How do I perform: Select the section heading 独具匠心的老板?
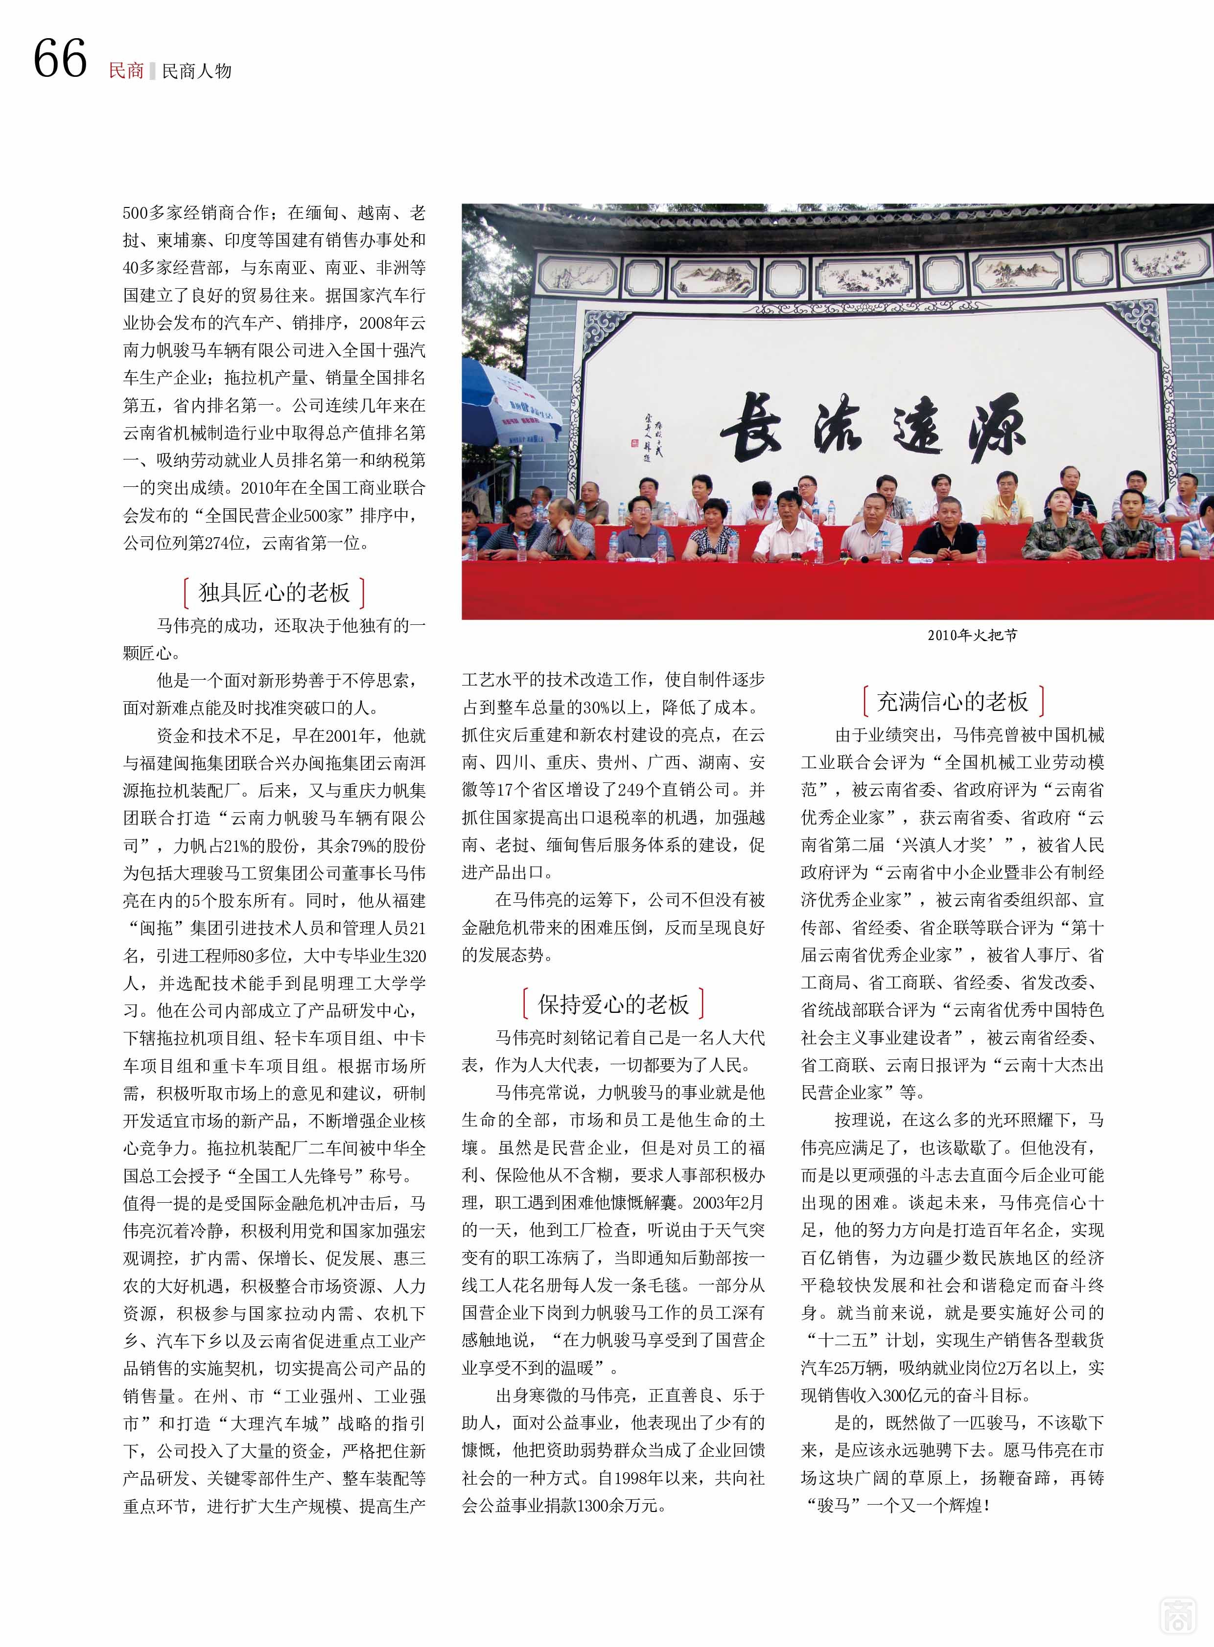pyautogui.click(x=274, y=592)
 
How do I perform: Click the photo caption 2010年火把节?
pyautogui.click(x=972, y=635)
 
